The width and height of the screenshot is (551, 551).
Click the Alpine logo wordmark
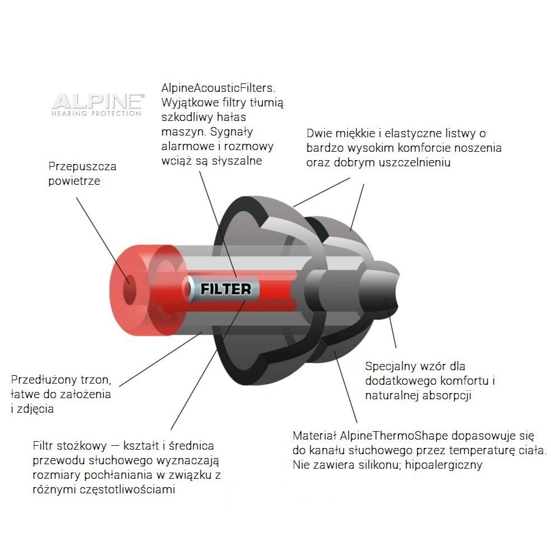pyautogui.click(x=98, y=101)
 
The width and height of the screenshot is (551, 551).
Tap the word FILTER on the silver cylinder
pyautogui.click(x=226, y=289)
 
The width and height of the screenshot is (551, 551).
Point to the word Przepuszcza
pyautogui.click(x=82, y=166)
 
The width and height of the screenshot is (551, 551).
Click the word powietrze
pyautogui.click(x=74, y=181)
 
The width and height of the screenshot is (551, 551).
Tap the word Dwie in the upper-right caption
pyautogui.click(x=319, y=133)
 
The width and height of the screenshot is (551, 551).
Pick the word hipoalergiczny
pyautogui.click(x=443, y=465)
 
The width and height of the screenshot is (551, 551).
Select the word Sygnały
pyautogui.click(x=232, y=132)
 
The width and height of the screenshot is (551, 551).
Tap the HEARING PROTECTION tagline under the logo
pyautogui.click(x=96, y=114)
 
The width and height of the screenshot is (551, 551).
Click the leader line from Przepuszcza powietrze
pyautogui.click(x=102, y=240)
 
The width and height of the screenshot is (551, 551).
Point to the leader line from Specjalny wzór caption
pyautogui.click(x=391, y=323)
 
